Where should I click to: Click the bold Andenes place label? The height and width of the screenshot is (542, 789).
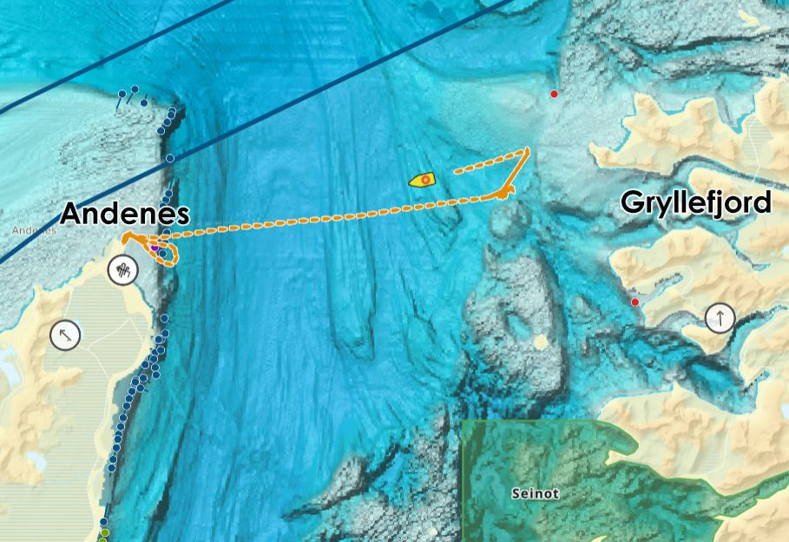click(x=124, y=214)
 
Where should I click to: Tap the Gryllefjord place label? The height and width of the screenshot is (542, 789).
click(x=695, y=202)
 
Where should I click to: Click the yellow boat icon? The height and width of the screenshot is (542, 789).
click(x=423, y=180)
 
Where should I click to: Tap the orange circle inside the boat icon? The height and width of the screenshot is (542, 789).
click(x=425, y=180)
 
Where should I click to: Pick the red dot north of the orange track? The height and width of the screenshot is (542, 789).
click(x=554, y=94)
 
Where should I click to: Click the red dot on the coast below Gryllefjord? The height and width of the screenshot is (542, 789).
click(x=635, y=301)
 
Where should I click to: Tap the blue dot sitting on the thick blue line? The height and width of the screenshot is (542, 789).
click(x=170, y=158)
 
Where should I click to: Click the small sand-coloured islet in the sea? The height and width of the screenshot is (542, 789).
click(x=541, y=341)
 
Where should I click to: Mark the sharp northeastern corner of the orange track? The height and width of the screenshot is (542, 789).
click(x=527, y=150)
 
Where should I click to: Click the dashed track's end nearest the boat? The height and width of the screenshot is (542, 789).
click(x=455, y=172)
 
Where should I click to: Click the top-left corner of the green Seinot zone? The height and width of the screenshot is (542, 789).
click(x=464, y=423)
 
